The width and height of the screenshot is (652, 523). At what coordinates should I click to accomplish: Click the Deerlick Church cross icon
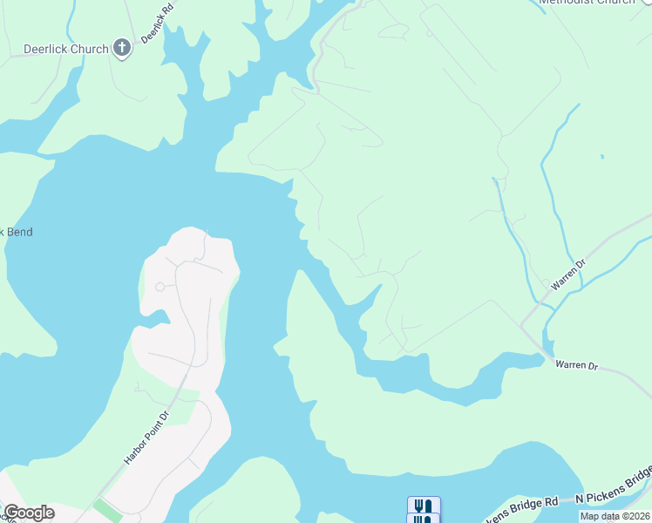pos(122,49)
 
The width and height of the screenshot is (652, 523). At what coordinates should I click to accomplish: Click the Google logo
pos(30,513)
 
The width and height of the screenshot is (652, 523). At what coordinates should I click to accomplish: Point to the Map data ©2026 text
pos(614,516)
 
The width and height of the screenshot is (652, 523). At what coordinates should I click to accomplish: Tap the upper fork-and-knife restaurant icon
pos(424,506)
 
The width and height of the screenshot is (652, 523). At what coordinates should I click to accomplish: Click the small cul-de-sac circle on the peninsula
pos(160,287)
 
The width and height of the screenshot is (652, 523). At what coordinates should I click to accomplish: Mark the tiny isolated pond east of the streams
pos(602,157)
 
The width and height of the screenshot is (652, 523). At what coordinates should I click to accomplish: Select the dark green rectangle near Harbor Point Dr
pos(108,509)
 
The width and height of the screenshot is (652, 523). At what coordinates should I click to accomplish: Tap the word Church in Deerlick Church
pos(91,49)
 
